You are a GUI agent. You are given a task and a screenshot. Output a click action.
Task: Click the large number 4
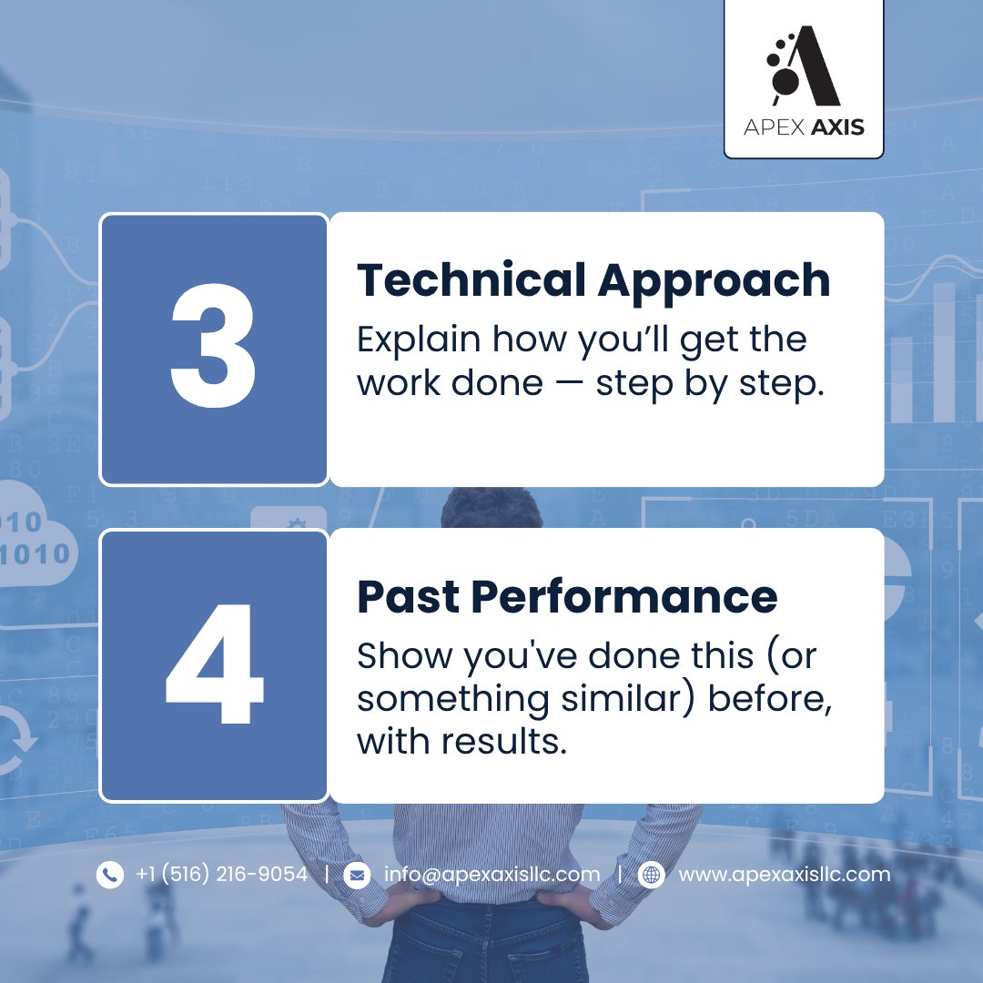coord(214,664)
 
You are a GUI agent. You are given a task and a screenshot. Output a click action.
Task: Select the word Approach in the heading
coord(714,280)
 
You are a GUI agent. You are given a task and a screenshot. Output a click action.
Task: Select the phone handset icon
coord(109,875)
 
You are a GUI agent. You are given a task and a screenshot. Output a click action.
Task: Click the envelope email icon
coord(357,875)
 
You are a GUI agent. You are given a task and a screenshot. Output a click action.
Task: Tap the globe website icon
coord(651,875)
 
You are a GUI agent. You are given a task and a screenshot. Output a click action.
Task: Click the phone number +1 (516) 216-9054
coord(221,875)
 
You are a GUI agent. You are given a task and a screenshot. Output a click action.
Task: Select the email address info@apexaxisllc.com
coord(491,875)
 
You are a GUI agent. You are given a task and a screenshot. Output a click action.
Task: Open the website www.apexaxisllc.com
coord(784,875)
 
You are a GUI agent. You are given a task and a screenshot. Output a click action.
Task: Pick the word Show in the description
coord(403,655)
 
